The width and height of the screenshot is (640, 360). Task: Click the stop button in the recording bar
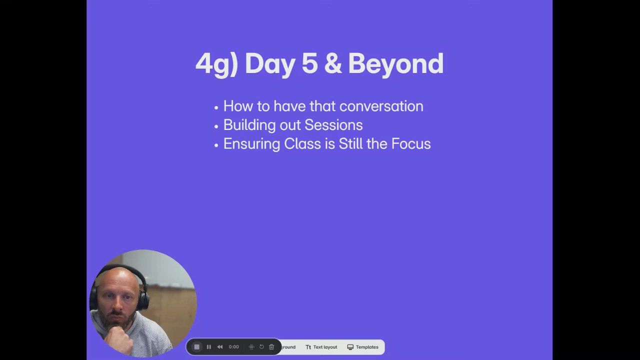pos(196,347)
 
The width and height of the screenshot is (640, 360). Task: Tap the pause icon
pos(209,347)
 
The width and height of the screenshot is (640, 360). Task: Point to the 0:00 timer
pos(233,347)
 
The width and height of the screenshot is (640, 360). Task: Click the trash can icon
pos(271,347)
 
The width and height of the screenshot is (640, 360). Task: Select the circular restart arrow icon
pos(261,347)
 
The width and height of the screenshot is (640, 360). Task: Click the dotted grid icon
pos(251,347)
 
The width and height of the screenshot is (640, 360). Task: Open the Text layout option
pos(321,347)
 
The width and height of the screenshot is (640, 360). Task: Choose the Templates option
pos(363,347)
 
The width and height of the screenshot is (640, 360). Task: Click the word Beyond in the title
pos(395,64)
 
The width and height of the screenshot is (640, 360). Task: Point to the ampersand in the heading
pos(333,63)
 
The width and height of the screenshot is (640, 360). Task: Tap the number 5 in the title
pos(309,63)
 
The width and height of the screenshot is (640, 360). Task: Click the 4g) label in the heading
pos(216,64)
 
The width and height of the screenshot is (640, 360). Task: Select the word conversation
pos(381,106)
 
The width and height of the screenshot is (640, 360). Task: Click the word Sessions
pos(333,125)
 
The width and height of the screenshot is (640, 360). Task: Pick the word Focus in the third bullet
pos(411,143)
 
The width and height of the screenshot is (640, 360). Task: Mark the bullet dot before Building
pos(216,126)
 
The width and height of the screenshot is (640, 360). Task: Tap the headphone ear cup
pos(143,298)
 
